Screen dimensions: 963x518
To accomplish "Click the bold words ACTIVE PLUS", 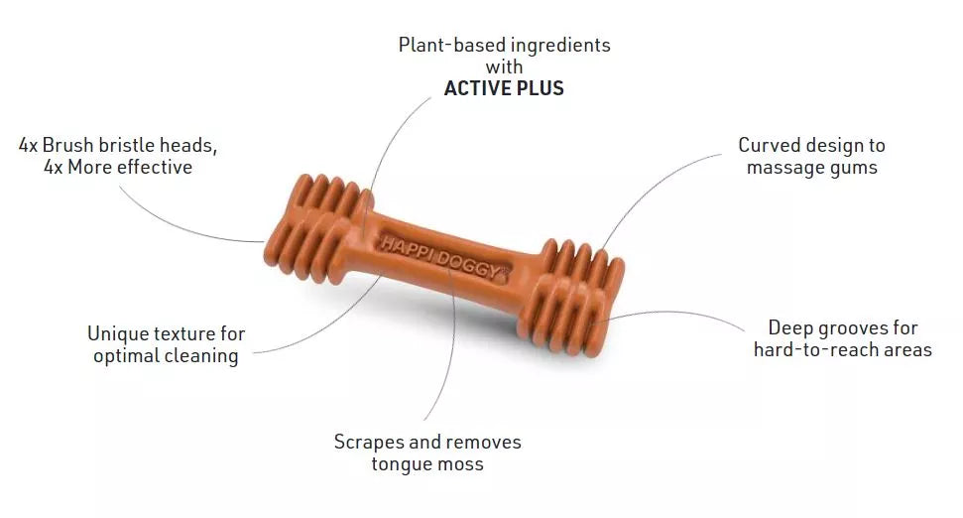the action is pos(504,88).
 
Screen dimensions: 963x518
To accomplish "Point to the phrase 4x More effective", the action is pos(118,167).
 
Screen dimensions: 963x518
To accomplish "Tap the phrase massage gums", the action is pos(812,168).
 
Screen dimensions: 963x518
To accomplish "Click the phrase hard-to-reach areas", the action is pos(843,350).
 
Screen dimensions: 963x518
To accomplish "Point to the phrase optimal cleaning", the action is pos(166,356).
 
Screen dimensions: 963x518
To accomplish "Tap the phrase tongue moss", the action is pos(427,464).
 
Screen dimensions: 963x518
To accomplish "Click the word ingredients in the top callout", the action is pos(560,45).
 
